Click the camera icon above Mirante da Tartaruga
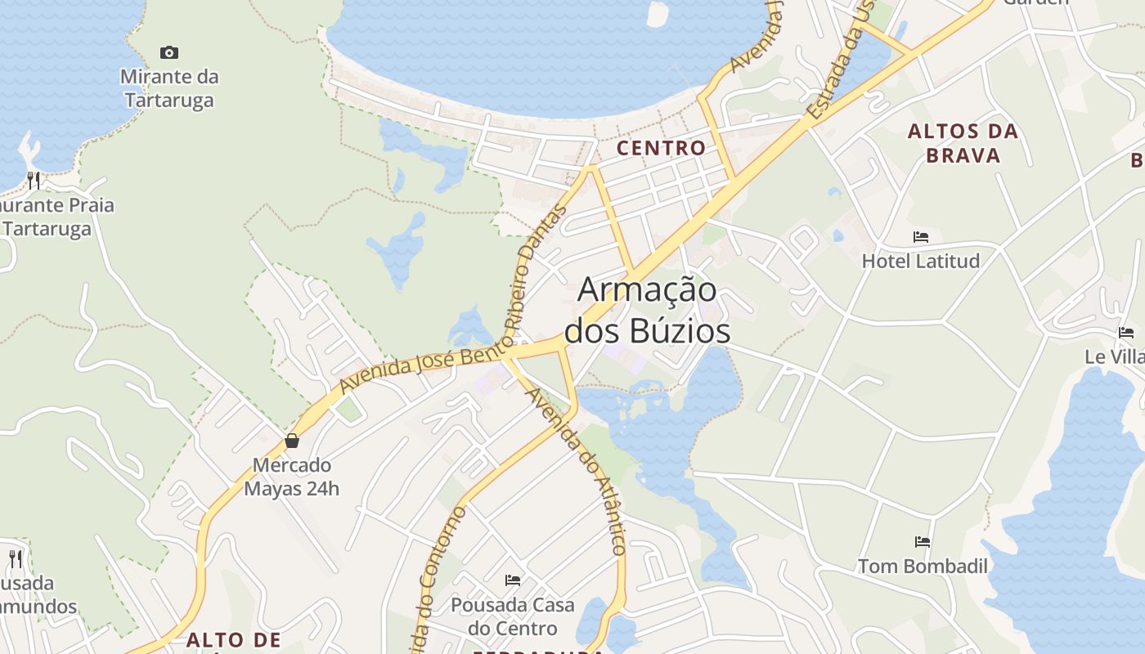pos(169,53)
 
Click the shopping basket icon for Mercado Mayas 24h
pos(292,441)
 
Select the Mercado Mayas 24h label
pos(291,477)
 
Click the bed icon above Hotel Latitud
pos(921,237)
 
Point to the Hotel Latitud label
pos(920,261)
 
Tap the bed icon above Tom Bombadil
pos(923,541)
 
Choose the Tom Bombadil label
pos(923,566)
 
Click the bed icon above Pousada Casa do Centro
pos(513,580)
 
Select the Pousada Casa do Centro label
pos(513,616)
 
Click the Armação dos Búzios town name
pos(648,310)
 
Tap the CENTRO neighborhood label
pos(661,148)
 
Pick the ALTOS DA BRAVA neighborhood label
pos(963,143)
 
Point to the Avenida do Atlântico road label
pos(578,470)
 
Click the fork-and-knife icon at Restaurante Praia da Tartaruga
pos(34,180)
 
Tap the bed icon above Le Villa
pos(1126,333)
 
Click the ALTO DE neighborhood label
pos(233,639)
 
